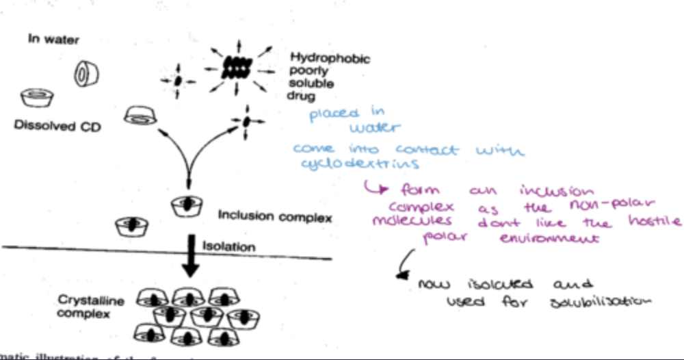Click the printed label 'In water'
(x=53, y=39)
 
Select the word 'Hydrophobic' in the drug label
(x=330, y=58)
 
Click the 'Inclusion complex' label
(x=275, y=217)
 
